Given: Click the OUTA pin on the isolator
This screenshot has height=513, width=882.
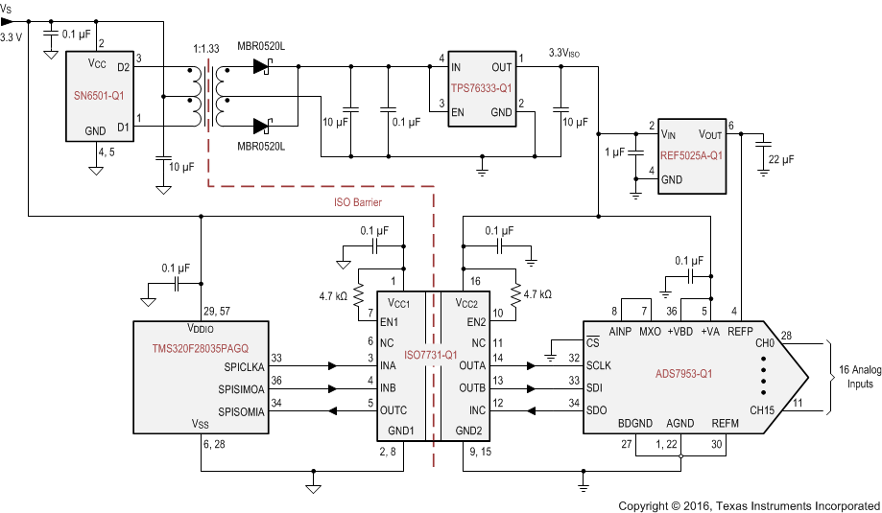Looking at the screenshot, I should pos(473,365).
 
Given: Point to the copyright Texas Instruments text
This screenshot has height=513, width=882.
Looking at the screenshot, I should pos(749,504).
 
